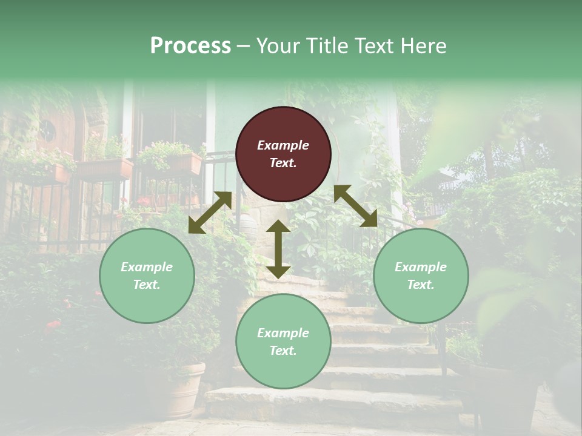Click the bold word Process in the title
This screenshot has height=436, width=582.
(190, 46)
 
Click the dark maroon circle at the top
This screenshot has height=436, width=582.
(283, 154)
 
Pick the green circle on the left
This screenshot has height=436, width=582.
(147, 276)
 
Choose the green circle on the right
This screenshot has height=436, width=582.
(421, 276)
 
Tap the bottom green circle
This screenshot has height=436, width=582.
(283, 342)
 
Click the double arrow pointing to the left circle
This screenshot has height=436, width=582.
(210, 213)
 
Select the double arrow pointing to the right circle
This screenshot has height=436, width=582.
(356, 206)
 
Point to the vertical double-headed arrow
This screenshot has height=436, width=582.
(278, 249)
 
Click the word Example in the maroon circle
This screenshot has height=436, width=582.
(283, 145)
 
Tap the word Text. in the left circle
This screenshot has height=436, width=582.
(147, 285)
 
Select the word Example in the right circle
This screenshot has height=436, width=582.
(421, 267)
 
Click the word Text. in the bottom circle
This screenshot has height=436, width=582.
(283, 351)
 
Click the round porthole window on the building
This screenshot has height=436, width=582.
(47, 129)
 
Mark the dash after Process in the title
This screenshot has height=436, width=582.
(244, 46)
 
